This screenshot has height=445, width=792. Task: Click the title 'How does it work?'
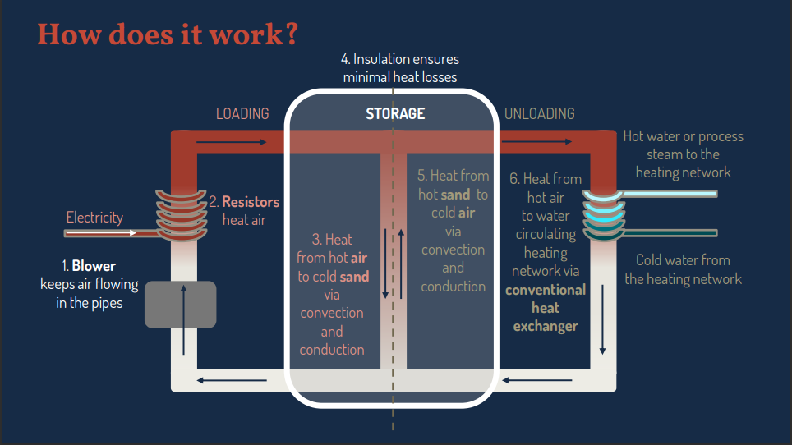(x=168, y=34)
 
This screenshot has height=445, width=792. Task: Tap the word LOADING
(x=242, y=113)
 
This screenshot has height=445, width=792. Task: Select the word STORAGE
(x=395, y=113)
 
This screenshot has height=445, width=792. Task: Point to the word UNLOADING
(x=539, y=113)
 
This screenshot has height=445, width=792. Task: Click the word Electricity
(x=94, y=218)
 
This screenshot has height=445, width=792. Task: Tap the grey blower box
(x=180, y=304)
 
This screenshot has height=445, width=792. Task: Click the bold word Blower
(x=94, y=266)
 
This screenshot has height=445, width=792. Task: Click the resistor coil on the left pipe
(x=182, y=216)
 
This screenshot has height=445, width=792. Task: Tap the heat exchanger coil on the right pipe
(x=605, y=213)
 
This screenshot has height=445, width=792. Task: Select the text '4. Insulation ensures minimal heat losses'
(x=400, y=68)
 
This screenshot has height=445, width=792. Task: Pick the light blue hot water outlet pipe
(x=670, y=194)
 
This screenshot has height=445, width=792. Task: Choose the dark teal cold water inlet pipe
(x=670, y=233)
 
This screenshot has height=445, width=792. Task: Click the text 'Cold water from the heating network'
(x=683, y=269)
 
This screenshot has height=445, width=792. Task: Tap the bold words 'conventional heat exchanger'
(x=546, y=308)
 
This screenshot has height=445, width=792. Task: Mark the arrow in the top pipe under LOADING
(x=233, y=142)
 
